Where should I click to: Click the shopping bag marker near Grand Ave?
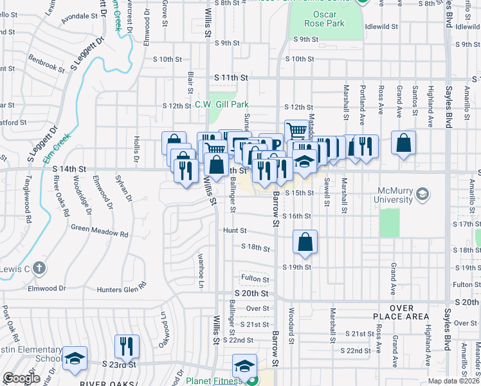click(403, 144)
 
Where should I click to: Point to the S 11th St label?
click(231, 77)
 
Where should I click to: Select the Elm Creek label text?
click(56, 147)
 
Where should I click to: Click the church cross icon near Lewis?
click(39, 268)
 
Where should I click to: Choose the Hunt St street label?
click(235, 230)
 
